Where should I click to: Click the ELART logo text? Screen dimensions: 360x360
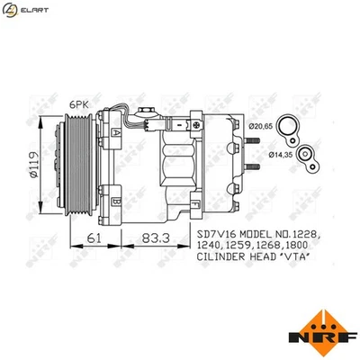click(x=34, y=9)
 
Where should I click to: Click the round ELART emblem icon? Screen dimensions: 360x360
click(x=11, y=9)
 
